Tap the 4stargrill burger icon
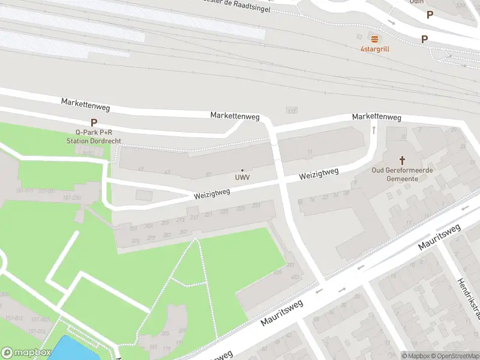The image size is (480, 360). pyautogui.click(x=375, y=38)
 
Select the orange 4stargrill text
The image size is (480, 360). pyautogui.click(x=375, y=49)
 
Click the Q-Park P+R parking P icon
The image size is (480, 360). pyautogui.click(x=94, y=122)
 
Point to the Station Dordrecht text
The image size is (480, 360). pyautogui.click(x=94, y=140)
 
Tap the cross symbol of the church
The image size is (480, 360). pyautogui.click(x=403, y=160)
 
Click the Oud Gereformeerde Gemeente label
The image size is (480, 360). pyautogui.click(x=403, y=175)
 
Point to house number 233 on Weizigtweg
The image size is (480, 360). pyautogui.click(x=256, y=206)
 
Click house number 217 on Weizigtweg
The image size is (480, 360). pyautogui.click(x=194, y=217)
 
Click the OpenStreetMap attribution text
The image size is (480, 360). pyautogui.click(x=454, y=356)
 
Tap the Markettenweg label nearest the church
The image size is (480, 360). pyautogui.click(x=376, y=116)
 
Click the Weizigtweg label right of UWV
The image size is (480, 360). pyautogui.click(x=319, y=175)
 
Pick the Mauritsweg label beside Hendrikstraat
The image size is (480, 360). pyautogui.click(x=439, y=236)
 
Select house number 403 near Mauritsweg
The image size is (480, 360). pyautogui.click(x=295, y=277)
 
